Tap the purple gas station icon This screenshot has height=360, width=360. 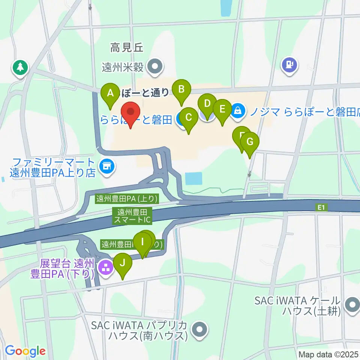pos(289,65)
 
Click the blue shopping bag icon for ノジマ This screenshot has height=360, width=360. pos(238,110)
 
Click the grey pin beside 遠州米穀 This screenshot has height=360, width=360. pos(154,67)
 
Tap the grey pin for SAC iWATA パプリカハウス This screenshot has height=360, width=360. pos(199,330)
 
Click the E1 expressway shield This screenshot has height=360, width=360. pos(321,207)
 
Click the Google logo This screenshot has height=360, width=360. pos(25,351)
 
